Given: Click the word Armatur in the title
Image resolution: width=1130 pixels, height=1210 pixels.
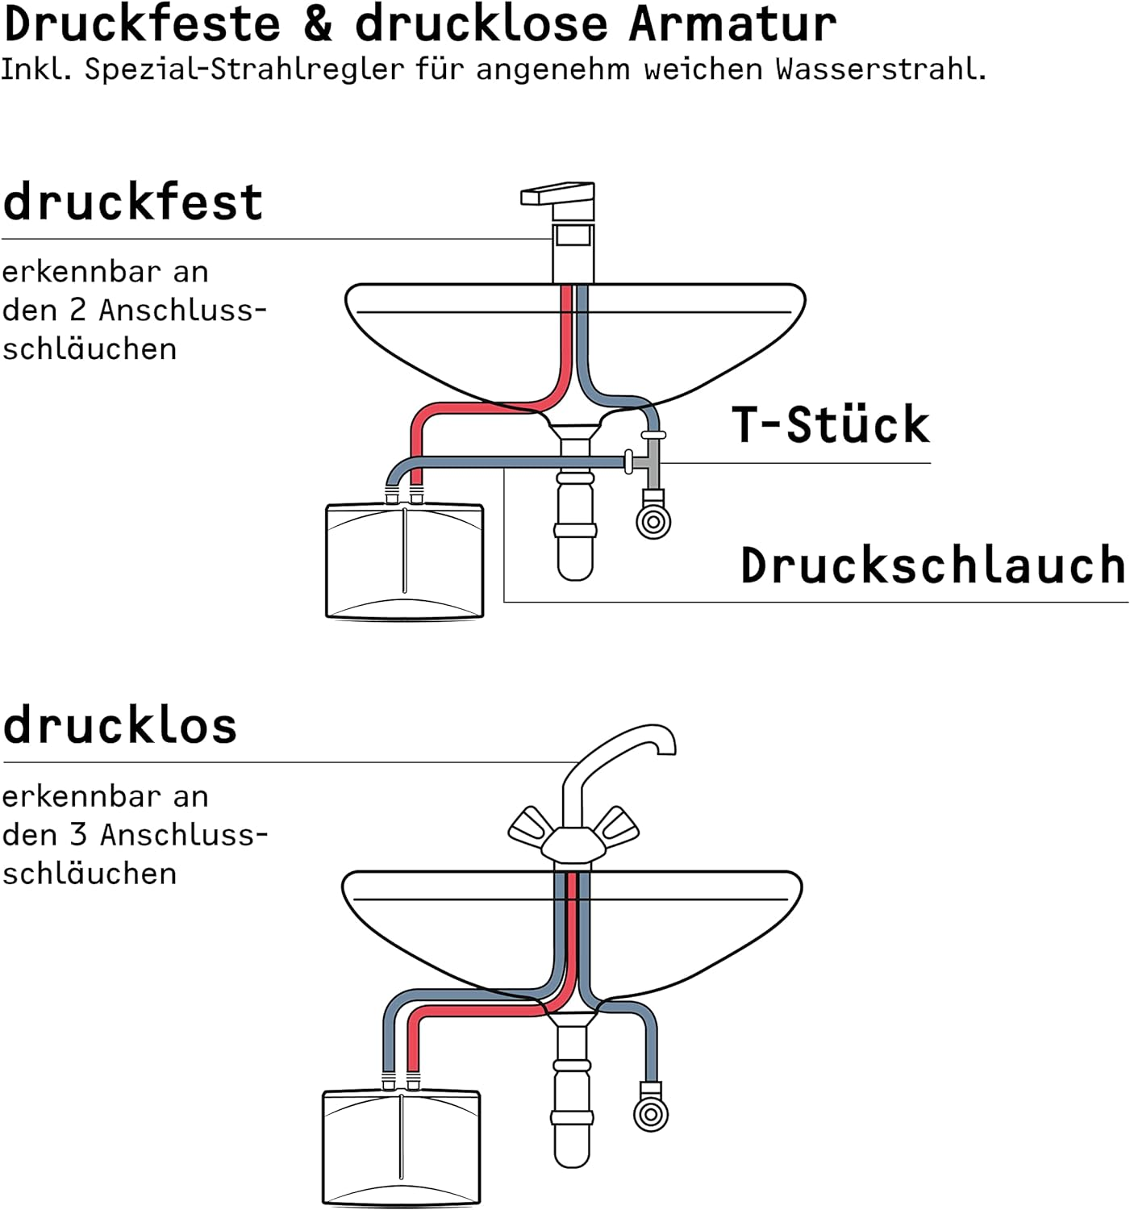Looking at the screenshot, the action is pos(732,24).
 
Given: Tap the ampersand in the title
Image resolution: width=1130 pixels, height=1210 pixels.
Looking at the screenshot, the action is pos(318,24).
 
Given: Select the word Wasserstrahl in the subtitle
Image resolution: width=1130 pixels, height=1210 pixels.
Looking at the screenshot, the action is pos(880,69).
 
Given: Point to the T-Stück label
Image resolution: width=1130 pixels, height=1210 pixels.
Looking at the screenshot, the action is pos(830,424).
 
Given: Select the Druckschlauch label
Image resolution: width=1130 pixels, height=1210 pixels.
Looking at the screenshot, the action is pos(933,565).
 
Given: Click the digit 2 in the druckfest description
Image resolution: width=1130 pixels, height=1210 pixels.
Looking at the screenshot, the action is pos(77,310).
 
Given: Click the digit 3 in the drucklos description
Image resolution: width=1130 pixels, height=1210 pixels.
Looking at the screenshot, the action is pos(78,835).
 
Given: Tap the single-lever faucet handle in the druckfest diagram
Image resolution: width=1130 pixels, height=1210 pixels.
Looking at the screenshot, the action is pos(557,194).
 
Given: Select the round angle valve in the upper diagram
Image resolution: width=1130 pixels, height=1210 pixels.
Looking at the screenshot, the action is pos(653,522).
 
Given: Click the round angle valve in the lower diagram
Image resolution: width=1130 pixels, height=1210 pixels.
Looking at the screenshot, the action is pos(651,1115).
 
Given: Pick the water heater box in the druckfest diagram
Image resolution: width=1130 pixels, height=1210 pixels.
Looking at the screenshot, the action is pos(405,561).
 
